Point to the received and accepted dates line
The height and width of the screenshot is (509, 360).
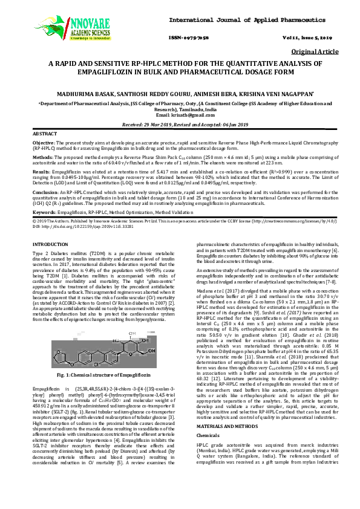180,123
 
